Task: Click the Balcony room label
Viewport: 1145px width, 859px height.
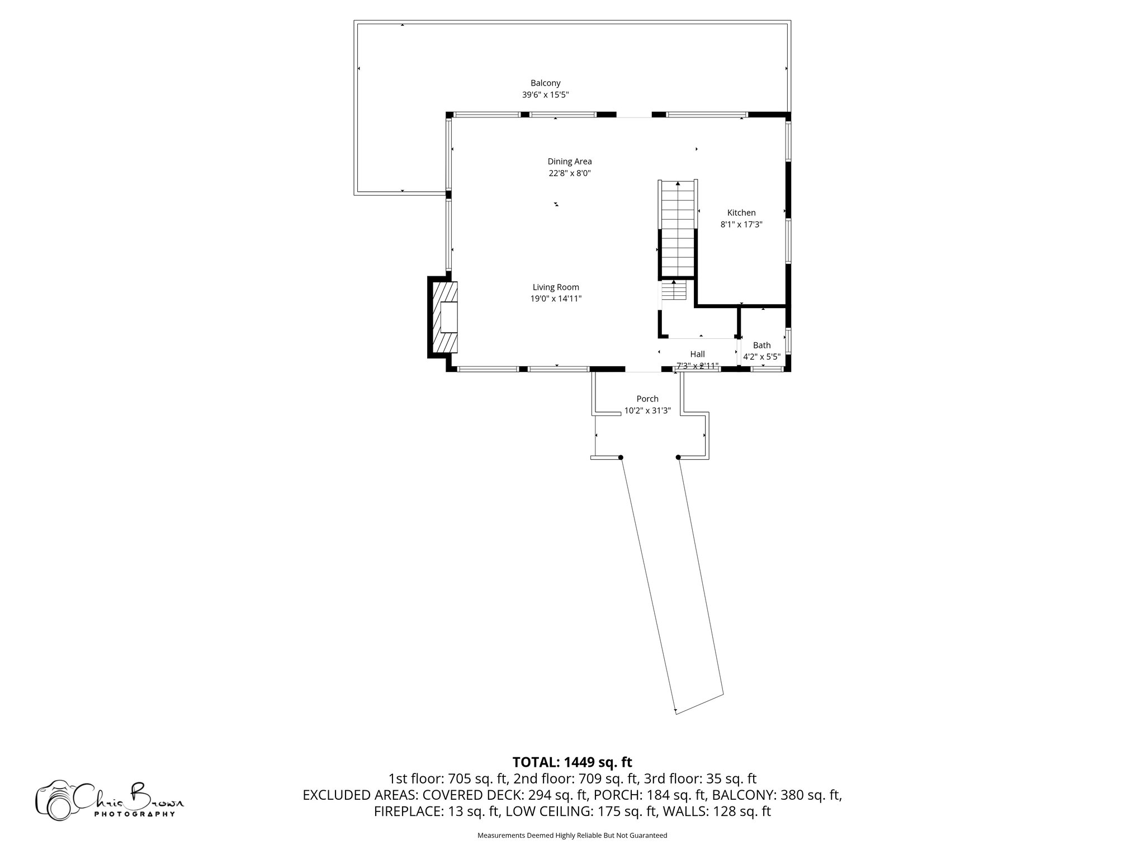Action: tap(545, 83)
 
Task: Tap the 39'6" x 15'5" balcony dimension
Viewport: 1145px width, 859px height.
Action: tap(545, 95)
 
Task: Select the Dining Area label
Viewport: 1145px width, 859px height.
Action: tap(569, 162)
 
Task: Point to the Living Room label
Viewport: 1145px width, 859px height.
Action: tap(556, 287)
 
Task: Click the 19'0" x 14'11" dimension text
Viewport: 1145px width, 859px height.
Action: tap(556, 299)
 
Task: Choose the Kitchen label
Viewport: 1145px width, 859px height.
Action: tap(741, 213)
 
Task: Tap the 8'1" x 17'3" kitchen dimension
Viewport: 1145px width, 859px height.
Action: tap(741, 224)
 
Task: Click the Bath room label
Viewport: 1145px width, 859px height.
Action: tap(761, 345)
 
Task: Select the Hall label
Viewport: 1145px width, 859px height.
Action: tap(697, 354)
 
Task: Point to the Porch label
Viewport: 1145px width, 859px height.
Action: tap(647, 399)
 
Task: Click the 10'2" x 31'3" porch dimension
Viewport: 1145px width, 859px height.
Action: tap(647, 410)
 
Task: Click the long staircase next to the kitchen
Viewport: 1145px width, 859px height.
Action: tap(678, 229)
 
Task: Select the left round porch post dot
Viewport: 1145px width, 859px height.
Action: tap(621, 457)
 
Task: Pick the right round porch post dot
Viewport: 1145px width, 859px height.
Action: tap(678, 457)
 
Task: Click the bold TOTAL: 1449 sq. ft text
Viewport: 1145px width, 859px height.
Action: tap(572, 762)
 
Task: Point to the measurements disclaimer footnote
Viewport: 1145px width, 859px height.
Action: tap(572, 836)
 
